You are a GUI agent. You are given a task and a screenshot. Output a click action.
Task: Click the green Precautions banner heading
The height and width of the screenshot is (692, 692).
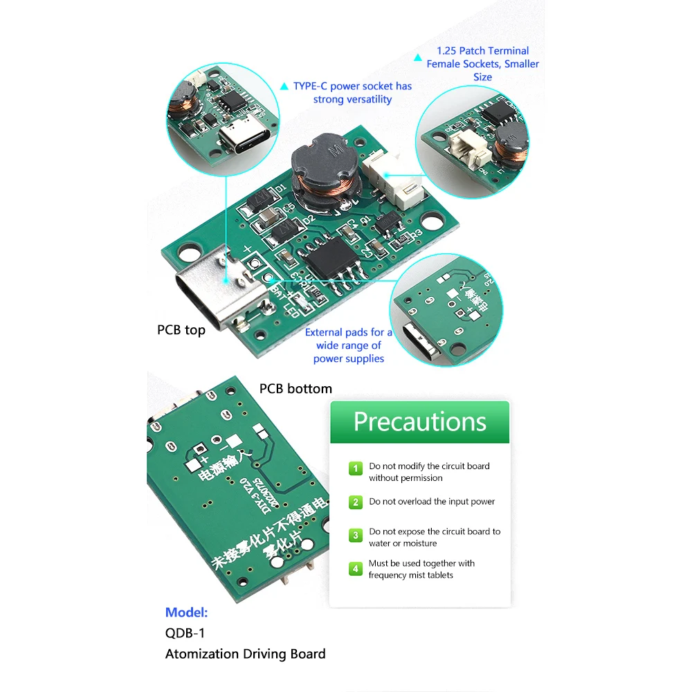pos(419,421)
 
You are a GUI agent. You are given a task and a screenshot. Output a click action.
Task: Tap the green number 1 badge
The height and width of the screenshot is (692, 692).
pos(355,469)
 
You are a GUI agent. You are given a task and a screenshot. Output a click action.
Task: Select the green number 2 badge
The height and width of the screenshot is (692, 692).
pos(355,502)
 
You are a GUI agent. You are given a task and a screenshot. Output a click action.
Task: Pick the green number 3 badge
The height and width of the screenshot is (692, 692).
pos(355,536)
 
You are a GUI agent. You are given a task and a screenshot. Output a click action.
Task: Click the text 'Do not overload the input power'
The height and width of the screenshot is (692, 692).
pos(432,502)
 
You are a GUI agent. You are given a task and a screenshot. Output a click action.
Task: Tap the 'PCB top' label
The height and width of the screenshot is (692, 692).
pos(181,330)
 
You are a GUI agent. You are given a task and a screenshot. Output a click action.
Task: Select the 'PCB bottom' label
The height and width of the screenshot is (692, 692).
pos(295,389)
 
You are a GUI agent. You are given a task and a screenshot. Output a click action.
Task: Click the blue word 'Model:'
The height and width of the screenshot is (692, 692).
pos(186,612)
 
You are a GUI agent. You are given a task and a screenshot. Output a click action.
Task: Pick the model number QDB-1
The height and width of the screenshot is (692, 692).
pos(185,632)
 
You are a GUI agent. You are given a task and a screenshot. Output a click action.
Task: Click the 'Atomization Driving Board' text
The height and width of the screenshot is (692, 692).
pos(245,654)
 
